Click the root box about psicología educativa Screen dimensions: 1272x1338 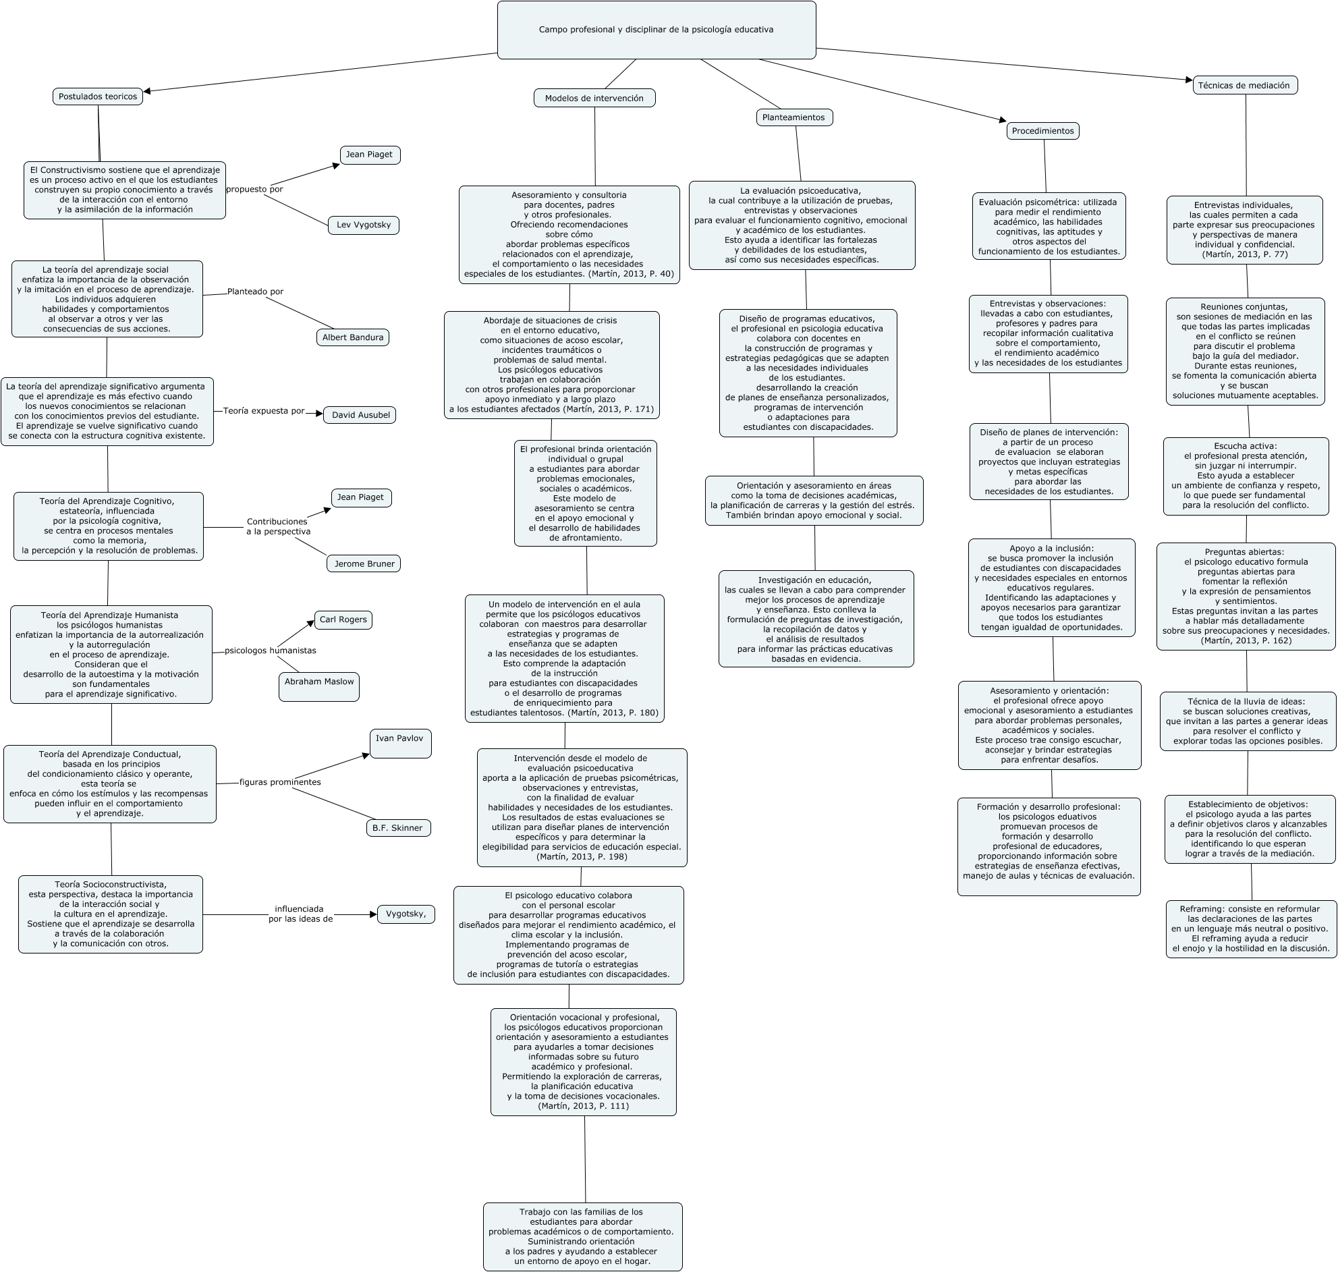[656, 30]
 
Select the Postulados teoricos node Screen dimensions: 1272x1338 [98, 96]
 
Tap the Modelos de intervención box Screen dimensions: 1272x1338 [594, 99]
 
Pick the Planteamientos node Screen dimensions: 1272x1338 [793, 117]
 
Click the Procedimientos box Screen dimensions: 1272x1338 [1042, 131]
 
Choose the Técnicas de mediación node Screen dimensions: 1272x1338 [1244, 86]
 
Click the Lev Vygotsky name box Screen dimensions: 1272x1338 [363, 225]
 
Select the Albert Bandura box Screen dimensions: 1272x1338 [352, 337]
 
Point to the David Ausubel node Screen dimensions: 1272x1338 [360, 415]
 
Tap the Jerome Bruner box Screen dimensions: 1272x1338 [363, 563]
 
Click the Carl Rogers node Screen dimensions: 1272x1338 [343, 619]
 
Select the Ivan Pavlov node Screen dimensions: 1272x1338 [400, 743]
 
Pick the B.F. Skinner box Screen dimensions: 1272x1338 [398, 828]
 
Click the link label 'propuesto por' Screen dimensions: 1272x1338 [254, 189]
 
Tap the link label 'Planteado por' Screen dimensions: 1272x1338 [255, 292]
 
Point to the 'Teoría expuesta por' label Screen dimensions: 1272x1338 [264, 411]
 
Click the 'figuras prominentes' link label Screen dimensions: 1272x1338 [280, 782]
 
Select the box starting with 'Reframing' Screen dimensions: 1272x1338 [1250, 929]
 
